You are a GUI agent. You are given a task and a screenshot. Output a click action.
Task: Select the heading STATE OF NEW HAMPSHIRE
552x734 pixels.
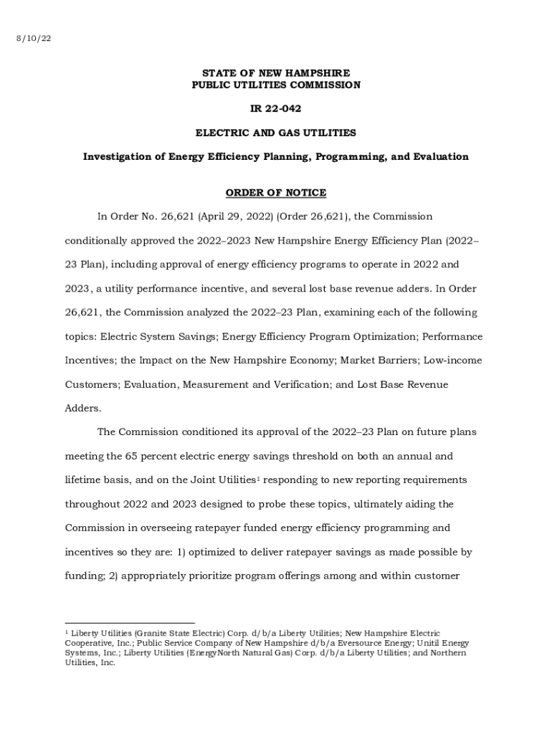click(x=276, y=73)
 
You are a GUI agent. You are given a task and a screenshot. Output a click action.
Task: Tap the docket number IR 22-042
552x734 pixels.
click(x=276, y=109)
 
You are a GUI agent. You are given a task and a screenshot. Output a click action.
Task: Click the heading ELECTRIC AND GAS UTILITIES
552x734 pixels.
click(x=276, y=133)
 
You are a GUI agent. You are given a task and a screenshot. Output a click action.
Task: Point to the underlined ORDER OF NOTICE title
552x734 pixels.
click(x=276, y=193)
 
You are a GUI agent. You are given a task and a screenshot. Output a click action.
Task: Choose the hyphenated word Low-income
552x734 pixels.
click(x=452, y=361)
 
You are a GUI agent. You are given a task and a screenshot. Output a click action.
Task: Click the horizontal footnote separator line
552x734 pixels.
click(x=130, y=623)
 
